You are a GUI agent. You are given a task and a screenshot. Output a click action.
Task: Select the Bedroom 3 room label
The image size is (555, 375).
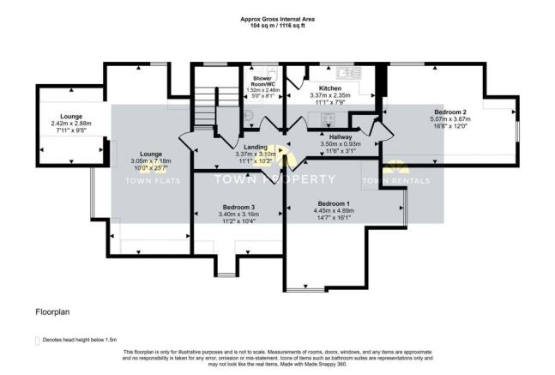pos(239,208)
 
